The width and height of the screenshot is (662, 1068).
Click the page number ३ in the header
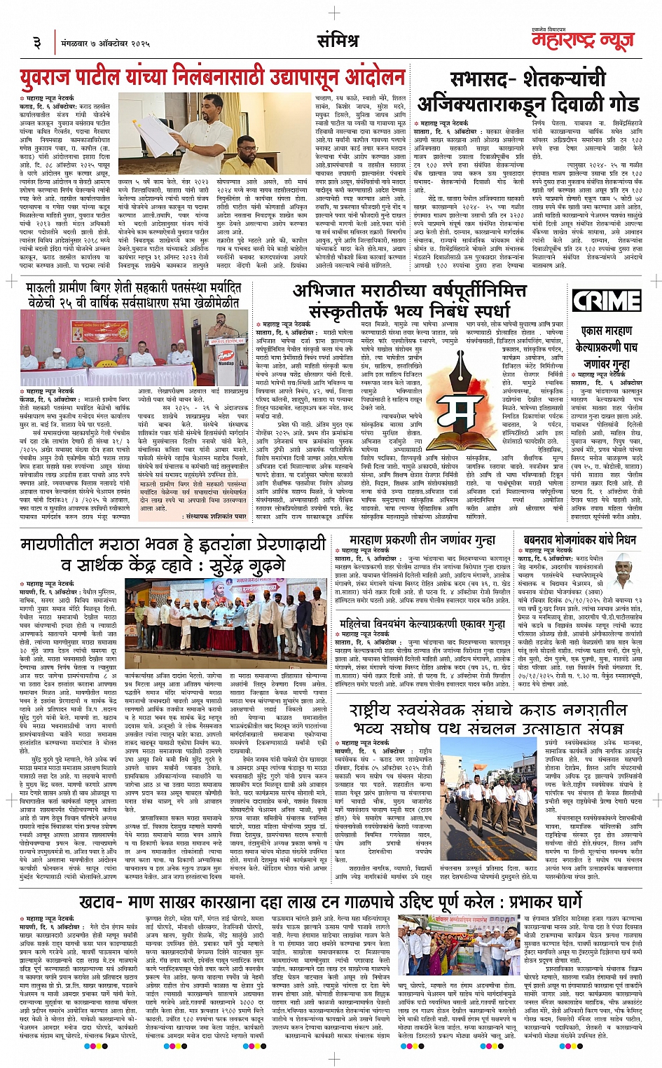coord(36,43)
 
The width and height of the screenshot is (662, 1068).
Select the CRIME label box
coord(607,301)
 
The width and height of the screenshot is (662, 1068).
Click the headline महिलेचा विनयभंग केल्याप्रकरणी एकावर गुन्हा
coord(422,624)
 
